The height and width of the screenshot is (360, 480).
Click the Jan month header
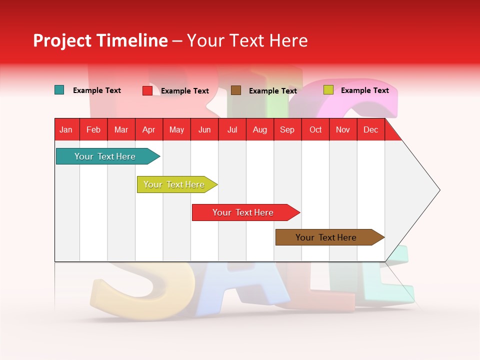click(x=66, y=129)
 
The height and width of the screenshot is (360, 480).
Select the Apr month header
click(x=148, y=129)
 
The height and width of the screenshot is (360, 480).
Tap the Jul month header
click(x=232, y=129)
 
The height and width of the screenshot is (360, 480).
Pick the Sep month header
click(x=287, y=129)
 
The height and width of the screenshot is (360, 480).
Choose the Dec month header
click(x=370, y=129)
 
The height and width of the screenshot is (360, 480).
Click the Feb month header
click(x=93, y=129)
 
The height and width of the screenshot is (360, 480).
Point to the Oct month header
click(x=315, y=129)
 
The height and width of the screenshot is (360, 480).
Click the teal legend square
click(x=59, y=90)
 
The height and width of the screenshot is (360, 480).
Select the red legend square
click(x=147, y=90)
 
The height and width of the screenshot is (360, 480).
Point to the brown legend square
click(x=236, y=90)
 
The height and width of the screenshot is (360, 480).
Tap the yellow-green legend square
click(x=328, y=90)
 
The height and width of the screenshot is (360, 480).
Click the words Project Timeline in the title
click(x=100, y=40)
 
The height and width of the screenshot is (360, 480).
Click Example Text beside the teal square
click(x=97, y=90)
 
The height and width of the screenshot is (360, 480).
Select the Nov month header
click(x=343, y=129)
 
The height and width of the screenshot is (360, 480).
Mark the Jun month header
click(x=204, y=129)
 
